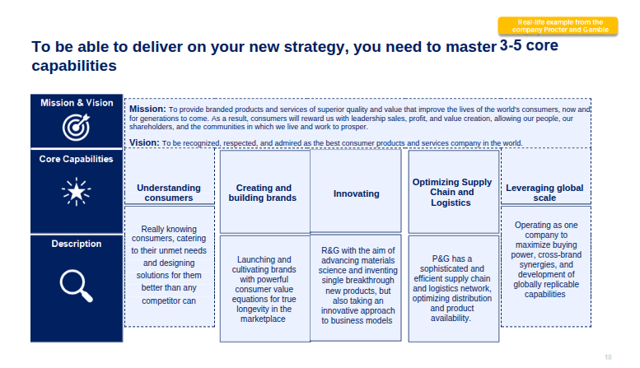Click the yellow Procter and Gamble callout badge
558,26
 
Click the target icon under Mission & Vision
76,127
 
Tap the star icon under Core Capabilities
76,191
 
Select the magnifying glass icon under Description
76,286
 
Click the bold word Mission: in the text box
147,109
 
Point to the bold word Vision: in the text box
144,142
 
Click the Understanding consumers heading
169,193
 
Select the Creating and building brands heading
263,193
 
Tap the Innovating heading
357,193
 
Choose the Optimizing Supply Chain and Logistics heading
452,192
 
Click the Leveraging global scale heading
544,193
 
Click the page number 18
608,357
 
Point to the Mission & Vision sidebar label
77,103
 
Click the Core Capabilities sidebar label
77,159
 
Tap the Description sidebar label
77,244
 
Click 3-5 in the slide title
511,45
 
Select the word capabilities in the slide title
74,66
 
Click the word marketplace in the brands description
263,319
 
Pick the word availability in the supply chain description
451,318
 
